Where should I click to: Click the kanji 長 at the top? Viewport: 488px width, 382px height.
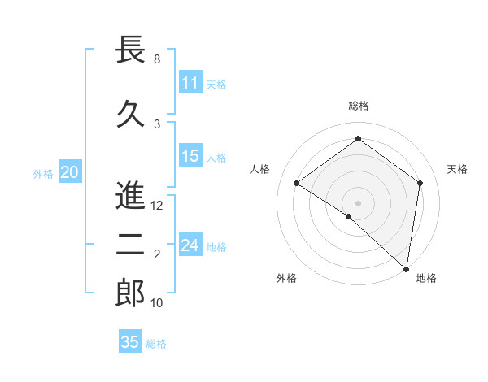tap(131, 50)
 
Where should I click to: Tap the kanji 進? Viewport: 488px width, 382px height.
tap(131, 195)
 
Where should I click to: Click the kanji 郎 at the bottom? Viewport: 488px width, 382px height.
tap(131, 293)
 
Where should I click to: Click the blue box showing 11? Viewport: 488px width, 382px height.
tap(190, 83)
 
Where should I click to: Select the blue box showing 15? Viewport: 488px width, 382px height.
tap(190, 157)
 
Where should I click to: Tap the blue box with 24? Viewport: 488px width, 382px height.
tap(190, 245)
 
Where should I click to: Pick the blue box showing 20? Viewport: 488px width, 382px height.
tap(69, 172)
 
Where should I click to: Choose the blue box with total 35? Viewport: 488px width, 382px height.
tap(130, 342)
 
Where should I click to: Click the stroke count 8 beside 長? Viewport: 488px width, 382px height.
tap(157, 59)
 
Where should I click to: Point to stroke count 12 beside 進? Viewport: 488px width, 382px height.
tap(158, 206)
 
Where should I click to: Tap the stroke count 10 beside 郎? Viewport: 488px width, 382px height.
tap(158, 303)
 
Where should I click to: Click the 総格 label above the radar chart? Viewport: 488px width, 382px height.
tap(359, 106)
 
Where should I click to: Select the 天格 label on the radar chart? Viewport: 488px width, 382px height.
tap(457, 169)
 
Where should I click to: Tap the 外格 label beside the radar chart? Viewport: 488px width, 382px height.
tap(286, 278)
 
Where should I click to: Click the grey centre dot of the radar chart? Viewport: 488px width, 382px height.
tap(358, 202)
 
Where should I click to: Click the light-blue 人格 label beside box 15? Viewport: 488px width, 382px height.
tap(216, 158)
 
